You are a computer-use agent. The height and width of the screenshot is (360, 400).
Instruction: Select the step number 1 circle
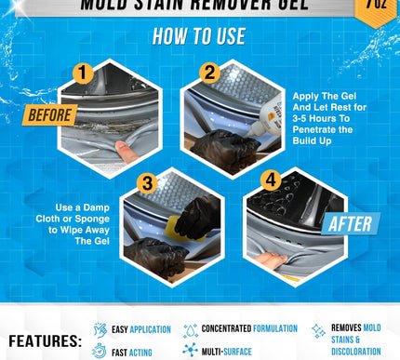[x=84, y=73]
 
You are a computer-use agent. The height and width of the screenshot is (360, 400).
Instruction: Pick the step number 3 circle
[x=145, y=181]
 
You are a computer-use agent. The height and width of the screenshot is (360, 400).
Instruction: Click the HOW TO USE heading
[x=199, y=37]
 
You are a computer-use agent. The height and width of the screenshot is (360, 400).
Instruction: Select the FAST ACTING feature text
[x=132, y=352]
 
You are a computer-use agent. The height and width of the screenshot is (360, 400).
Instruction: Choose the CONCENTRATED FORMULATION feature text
[x=249, y=328]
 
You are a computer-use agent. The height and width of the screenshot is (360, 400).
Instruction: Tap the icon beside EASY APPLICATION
[x=100, y=329]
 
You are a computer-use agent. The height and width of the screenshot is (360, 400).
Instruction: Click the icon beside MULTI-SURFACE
[x=190, y=351]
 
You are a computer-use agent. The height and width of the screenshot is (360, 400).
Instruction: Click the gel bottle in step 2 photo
[x=255, y=122]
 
